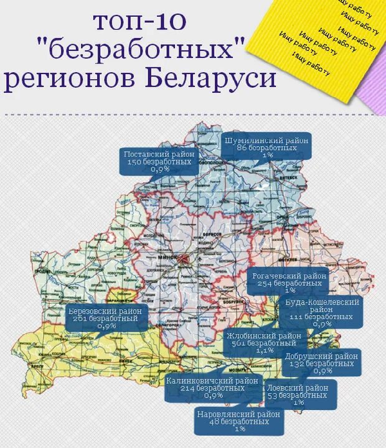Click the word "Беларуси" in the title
pos(211,80)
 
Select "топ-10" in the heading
pos(139,22)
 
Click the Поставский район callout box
pos(159,161)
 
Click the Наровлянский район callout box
pos(239,421)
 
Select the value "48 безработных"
pos(239,421)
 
